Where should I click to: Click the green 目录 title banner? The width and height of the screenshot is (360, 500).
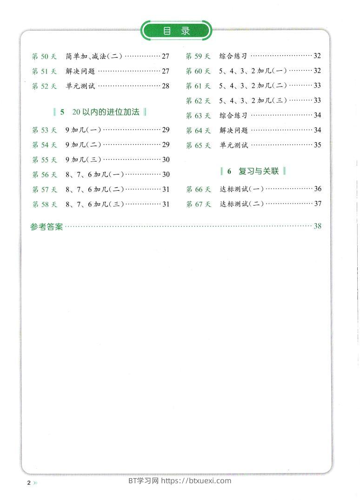(176, 31)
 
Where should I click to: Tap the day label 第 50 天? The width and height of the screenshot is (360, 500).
(44, 56)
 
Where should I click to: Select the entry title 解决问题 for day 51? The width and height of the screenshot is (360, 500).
(80, 71)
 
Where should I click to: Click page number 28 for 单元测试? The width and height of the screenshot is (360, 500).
(166, 86)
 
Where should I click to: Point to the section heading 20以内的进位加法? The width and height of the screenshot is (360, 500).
(106, 112)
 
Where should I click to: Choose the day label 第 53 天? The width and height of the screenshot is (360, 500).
(44, 130)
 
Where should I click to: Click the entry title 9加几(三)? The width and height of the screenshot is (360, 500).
(83, 160)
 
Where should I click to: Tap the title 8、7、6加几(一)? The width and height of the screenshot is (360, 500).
(94, 174)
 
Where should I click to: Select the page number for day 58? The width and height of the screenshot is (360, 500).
(166, 204)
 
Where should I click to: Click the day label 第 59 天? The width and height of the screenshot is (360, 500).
(198, 56)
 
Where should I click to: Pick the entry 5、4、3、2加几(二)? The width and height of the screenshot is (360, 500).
(253, 86)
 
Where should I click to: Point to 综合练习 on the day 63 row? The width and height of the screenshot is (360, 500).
(233, 115)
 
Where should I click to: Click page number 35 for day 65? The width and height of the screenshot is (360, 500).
(318, 145)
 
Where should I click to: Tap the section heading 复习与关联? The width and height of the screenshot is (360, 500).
(258, 171)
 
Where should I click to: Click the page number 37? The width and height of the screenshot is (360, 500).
(318, 204)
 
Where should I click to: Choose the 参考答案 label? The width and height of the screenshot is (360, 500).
(47, 227)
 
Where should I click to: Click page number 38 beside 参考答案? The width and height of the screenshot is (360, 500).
(318, 227)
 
